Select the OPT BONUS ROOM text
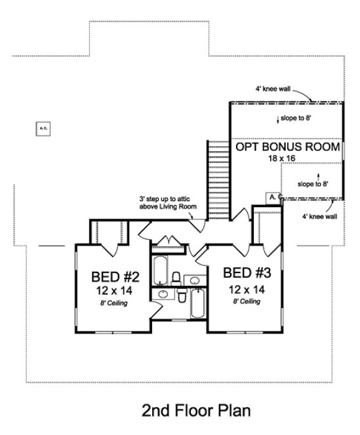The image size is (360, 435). tap(287, 147)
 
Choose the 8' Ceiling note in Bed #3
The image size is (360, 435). tap(245, 301)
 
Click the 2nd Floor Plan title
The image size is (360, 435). tap(196, 411)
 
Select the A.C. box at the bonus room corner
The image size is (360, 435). tap(273, 197)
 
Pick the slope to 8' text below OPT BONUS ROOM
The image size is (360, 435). tap(313, 184)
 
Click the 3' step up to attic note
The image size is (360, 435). tap(169, 202)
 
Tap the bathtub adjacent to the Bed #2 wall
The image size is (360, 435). tap(161, 271)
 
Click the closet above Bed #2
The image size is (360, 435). tap(105, 232)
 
